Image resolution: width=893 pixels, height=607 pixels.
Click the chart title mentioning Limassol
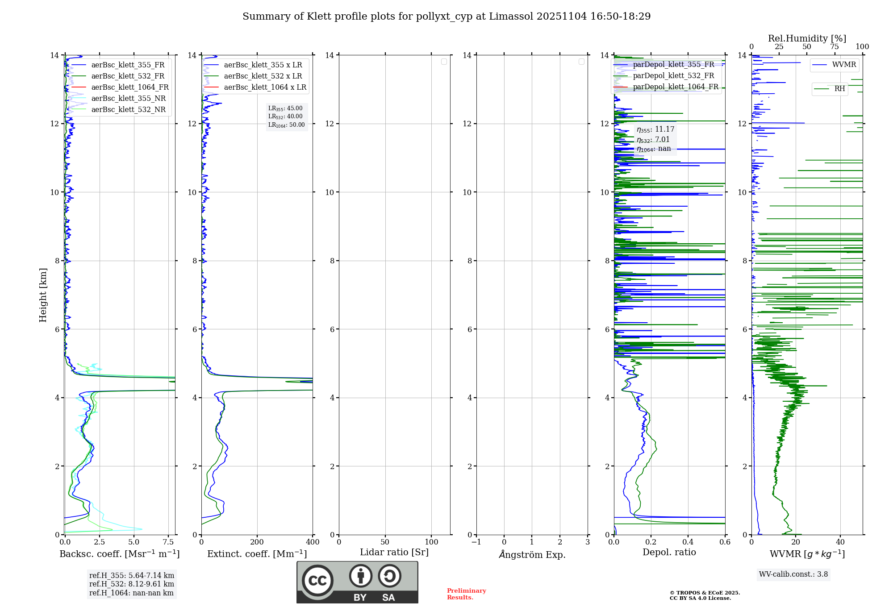coord(446,17)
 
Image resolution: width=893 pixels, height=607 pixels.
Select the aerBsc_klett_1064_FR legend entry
coord(129,87)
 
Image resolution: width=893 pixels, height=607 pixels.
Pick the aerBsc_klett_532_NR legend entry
coord(128,109)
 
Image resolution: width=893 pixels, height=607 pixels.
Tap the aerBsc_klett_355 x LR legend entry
coord(263,65)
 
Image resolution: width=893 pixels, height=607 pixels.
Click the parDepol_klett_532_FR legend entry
coord(673,76)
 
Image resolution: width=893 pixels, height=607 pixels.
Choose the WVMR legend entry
coord(843,65)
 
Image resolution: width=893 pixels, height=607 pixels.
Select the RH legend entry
coord(839,89)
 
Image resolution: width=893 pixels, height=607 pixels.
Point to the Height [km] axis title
coord(43,295)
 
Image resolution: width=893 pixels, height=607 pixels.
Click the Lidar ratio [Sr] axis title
coord(394,552)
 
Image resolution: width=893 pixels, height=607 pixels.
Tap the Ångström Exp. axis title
coord(532,554)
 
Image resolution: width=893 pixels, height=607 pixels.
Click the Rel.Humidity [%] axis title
coord(807,38)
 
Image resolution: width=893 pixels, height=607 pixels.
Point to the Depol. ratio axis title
coord(669,552)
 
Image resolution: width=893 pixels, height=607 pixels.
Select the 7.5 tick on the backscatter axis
coord(168,542)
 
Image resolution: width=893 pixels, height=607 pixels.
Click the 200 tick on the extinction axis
coord(257,542)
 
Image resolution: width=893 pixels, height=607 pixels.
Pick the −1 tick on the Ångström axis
coord(476,542)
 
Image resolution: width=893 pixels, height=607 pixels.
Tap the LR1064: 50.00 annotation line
coord(286,125)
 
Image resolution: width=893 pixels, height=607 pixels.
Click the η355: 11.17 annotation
coord(655,129)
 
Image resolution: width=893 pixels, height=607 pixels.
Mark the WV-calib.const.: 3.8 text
coord(793,574)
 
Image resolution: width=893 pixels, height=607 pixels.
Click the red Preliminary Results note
coord(466,594)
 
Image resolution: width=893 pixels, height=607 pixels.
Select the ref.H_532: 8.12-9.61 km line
coord(131,584)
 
